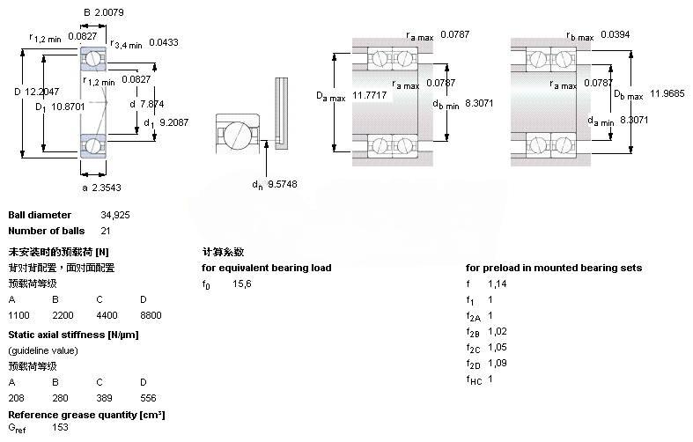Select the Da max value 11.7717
(370, 94)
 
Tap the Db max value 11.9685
(667, 94)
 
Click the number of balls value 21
(80, 231)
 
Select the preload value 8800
(151, 314)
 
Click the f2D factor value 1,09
(498, 363)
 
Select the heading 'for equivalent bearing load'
(266, 268)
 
